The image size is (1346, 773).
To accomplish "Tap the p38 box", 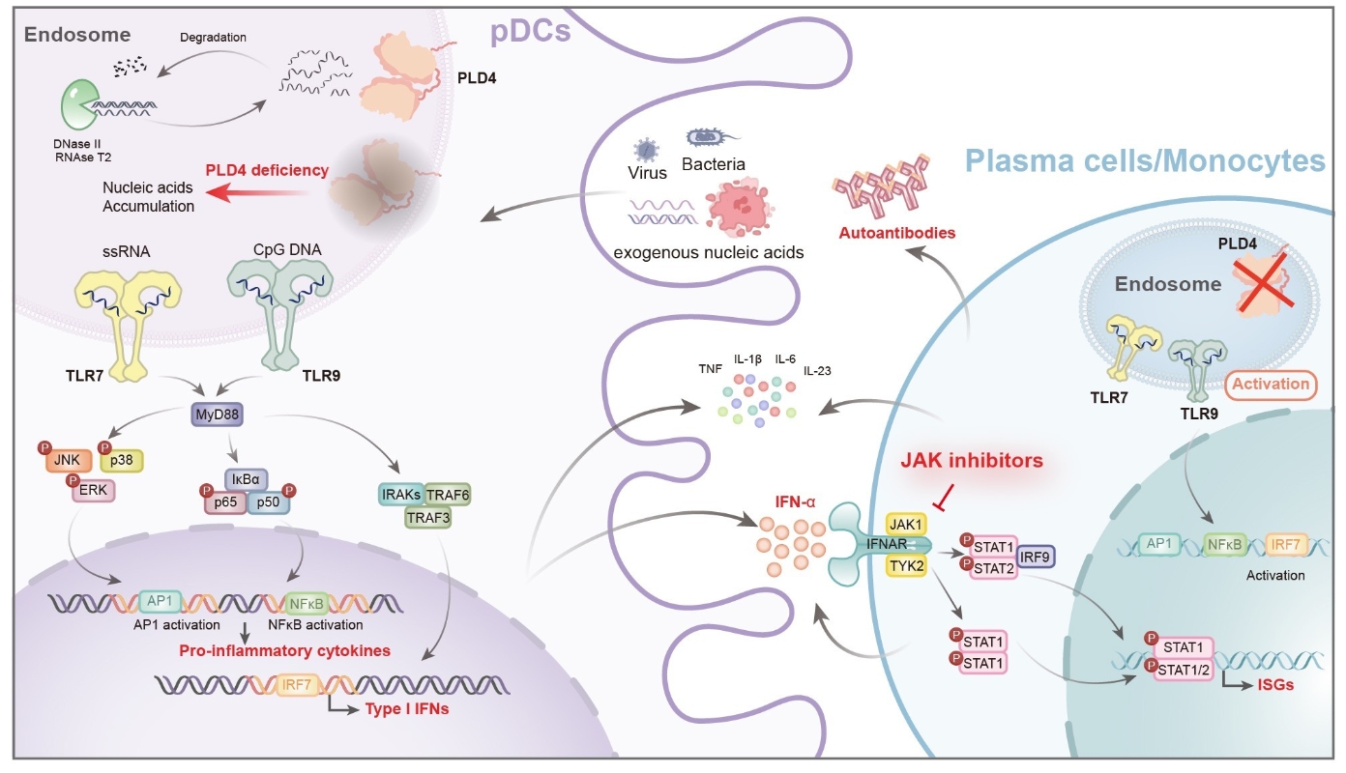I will coord(121,461).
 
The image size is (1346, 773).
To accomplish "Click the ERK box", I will coord(93,490).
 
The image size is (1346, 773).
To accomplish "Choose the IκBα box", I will coord(247,478).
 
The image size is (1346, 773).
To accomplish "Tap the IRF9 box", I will coord(1034,556).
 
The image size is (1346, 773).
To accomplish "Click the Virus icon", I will coord(644,150).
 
